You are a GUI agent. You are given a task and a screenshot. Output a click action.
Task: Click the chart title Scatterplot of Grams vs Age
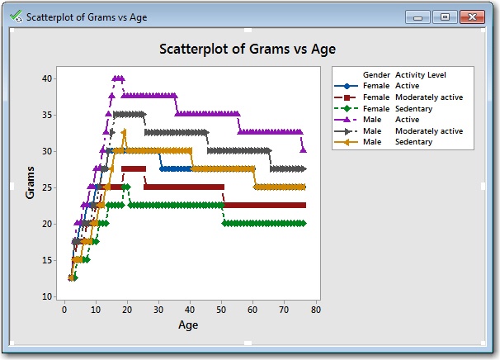[247, 49]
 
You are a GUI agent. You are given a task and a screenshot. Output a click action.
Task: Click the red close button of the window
[471, 17]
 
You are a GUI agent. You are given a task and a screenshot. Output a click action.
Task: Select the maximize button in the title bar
[446, 17]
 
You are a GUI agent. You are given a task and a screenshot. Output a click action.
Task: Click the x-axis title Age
[188, 324]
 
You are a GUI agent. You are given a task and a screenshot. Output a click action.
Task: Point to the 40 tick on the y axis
[50, 78]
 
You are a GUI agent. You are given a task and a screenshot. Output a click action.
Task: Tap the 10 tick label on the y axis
[50, 296]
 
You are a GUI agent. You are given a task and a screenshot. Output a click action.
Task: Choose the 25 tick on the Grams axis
[50, 187]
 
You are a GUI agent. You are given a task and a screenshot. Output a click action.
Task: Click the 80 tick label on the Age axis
[315, 310]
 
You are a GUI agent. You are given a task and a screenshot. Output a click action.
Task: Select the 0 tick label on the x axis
[64, 310]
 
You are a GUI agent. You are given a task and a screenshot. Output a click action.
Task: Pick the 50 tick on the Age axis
[221, 310]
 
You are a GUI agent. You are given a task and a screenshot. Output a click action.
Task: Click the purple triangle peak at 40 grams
[117, 78]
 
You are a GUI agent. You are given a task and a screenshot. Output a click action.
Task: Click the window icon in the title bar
[17, 17]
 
